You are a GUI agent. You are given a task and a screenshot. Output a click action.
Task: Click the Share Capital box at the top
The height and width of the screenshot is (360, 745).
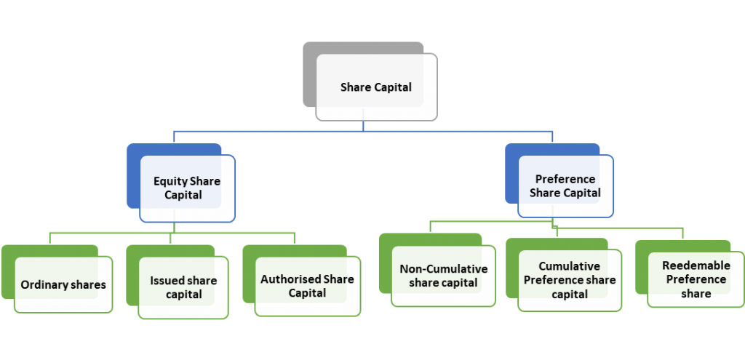(376, 88)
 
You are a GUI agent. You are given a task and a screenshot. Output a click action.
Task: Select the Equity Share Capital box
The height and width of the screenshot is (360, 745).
(187, 188)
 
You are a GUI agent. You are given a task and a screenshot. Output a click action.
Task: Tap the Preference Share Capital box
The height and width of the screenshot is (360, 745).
(565, 186)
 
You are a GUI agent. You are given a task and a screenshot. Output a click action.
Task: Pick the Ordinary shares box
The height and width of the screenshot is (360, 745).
(63, 284)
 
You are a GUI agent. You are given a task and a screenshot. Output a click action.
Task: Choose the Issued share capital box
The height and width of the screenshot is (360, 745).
(183, 288)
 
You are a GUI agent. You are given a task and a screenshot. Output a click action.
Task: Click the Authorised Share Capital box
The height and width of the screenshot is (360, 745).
(307, 286)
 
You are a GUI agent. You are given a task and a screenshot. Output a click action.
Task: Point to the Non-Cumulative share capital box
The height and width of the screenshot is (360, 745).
(443, 276)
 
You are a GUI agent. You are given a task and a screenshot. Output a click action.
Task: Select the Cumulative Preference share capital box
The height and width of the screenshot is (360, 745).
(570, 280)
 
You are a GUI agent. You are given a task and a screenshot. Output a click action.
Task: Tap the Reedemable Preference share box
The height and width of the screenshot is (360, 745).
(696, 280)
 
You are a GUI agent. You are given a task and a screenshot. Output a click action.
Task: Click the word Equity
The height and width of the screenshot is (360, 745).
(170, 181)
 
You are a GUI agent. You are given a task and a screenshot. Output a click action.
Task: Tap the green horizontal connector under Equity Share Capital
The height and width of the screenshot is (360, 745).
(109, 233)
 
